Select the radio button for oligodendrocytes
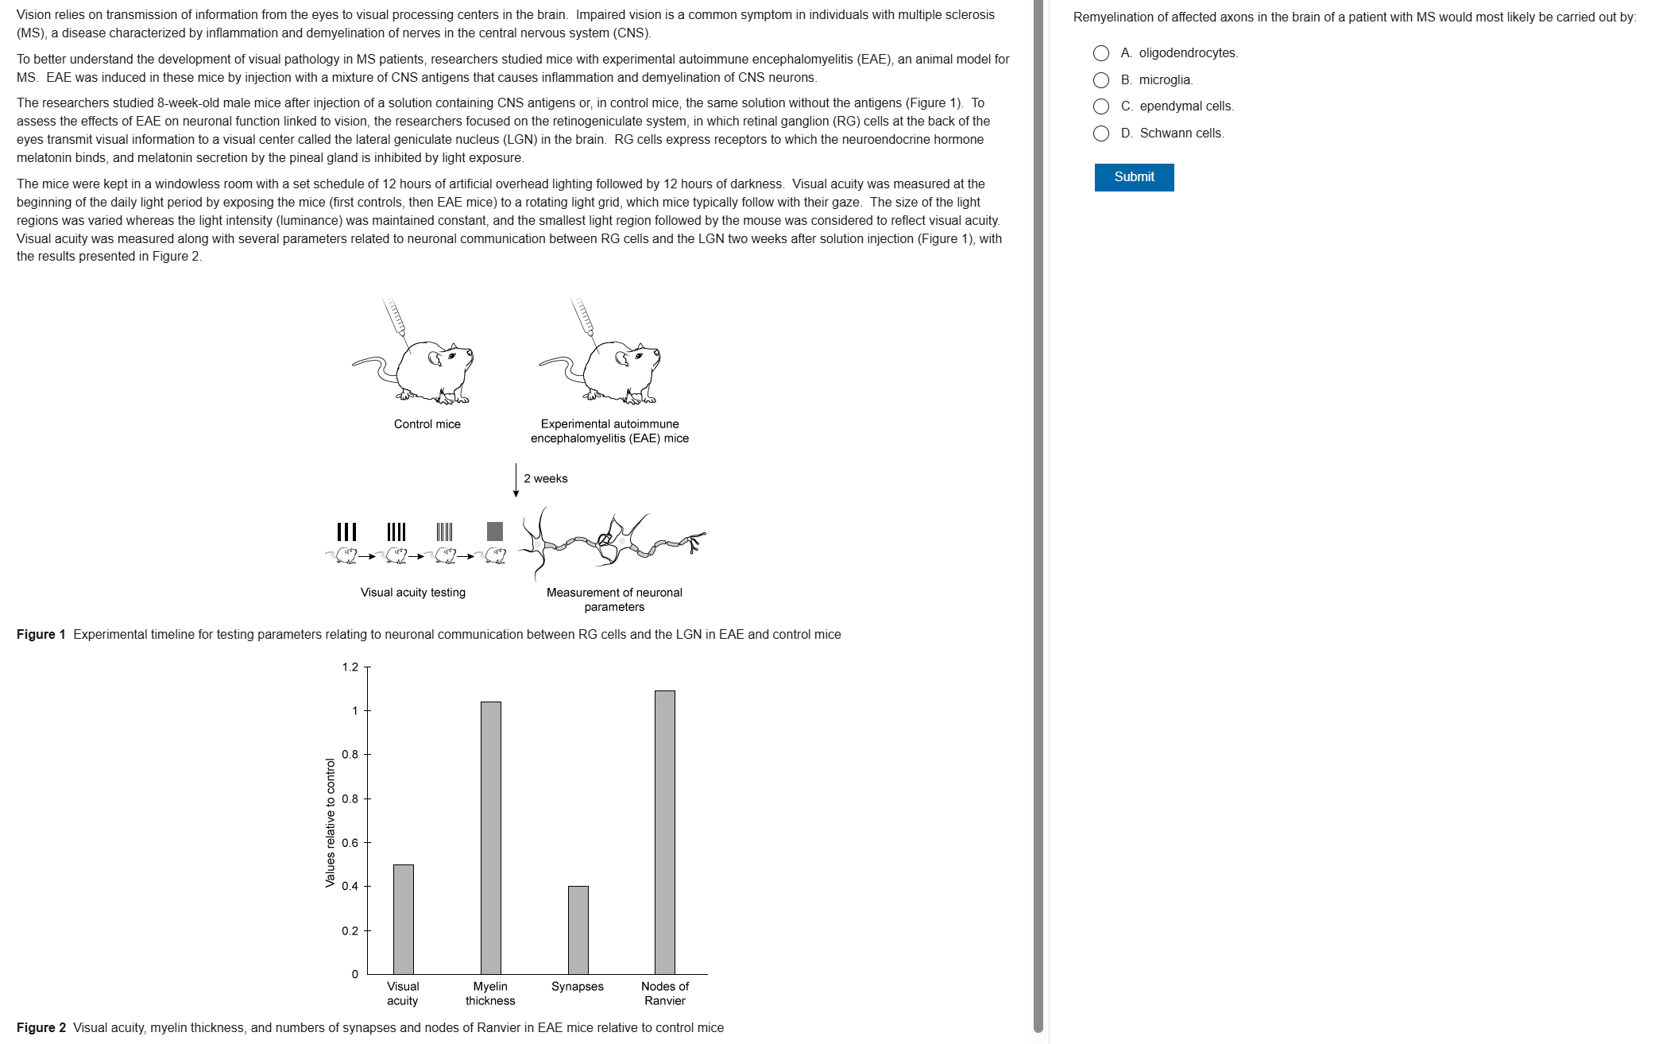point(1101,53)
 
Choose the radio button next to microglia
point(1101,80)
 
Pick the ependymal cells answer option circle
point(1101,106)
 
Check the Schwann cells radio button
point(1101,133)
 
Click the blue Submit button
point(1134,177)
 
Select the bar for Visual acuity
point(404,919)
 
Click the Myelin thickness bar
point(491,837)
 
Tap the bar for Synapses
point(578,930)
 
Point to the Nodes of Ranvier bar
point(665,832)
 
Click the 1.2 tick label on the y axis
point(350,667)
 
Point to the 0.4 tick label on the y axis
point(350,887)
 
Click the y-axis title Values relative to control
point(330,822)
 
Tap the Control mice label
point(427,424)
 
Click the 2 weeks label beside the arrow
point(546,479)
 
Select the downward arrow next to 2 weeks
point(516,481)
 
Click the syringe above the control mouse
point(395,318)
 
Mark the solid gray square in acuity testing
point(495,532)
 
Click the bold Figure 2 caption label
point(41,1028)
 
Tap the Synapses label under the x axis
point(578,987)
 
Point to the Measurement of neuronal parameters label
point(614,600)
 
